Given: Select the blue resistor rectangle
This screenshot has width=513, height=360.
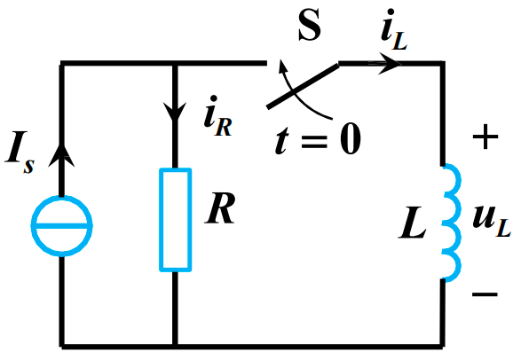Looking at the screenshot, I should tap(175, 218).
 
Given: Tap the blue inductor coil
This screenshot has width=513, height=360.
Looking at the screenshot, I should tap(450, 222).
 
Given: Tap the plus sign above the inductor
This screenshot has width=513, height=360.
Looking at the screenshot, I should tap(484, 137).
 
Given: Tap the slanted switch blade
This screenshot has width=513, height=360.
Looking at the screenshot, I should tap(302, 86).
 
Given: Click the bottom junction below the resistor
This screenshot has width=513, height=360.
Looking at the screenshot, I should tap(175, 346).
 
